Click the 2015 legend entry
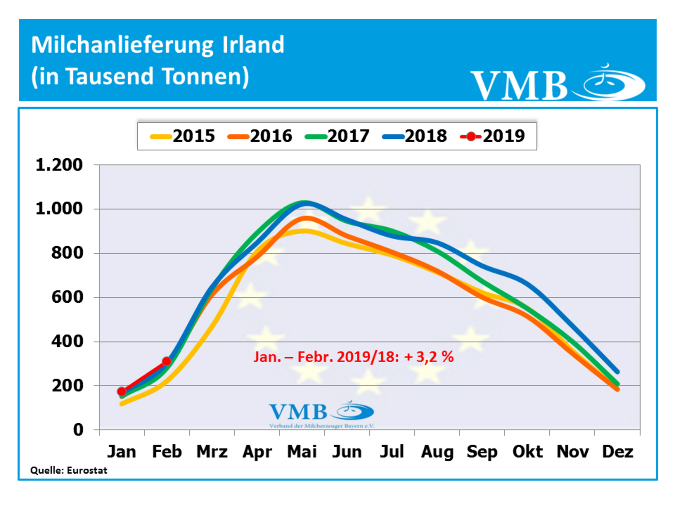click(184, 136)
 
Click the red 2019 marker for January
click(121, 391)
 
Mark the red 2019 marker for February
click(166, 361)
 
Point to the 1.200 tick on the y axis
click(59, 165)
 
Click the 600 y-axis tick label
click(67, 297)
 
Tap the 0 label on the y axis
click(78, 430)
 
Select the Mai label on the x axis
click(302, 452)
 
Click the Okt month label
click(527, 452)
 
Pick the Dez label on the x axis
click(617, 452)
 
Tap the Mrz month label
click(212, 452)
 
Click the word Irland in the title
click(253, 45)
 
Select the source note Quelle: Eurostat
click(69, 470)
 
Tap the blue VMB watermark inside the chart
click(321, 413)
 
